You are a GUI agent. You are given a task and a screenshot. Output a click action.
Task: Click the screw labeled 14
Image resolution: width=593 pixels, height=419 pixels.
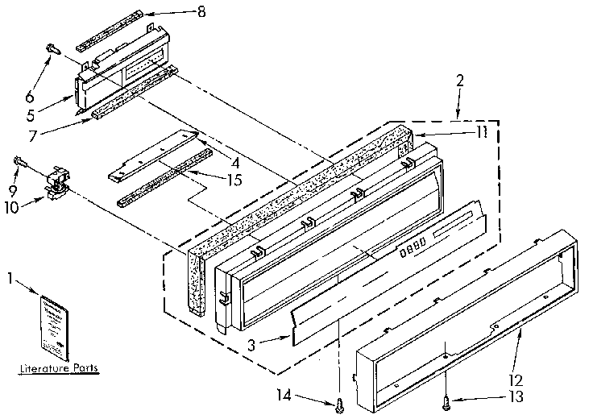point(340,399)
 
